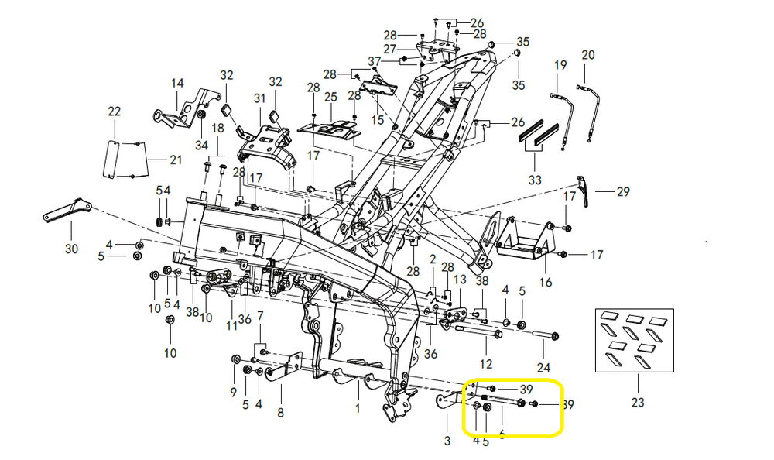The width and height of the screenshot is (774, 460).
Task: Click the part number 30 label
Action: coord(71,249)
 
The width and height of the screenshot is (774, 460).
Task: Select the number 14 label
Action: coord(177,83)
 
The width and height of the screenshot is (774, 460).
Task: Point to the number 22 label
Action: coord(115,112)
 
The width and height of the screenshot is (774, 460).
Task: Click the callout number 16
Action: coord(546,282)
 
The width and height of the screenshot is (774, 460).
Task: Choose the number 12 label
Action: coord(486,363)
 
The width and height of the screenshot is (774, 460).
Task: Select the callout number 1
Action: coord(358,407)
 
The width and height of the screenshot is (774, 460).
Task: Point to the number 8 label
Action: coord(280,413)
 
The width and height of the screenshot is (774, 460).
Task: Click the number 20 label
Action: coord(588,55)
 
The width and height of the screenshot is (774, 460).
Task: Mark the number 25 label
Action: coord(331,98)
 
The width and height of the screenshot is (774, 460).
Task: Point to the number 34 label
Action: coord(201,145)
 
